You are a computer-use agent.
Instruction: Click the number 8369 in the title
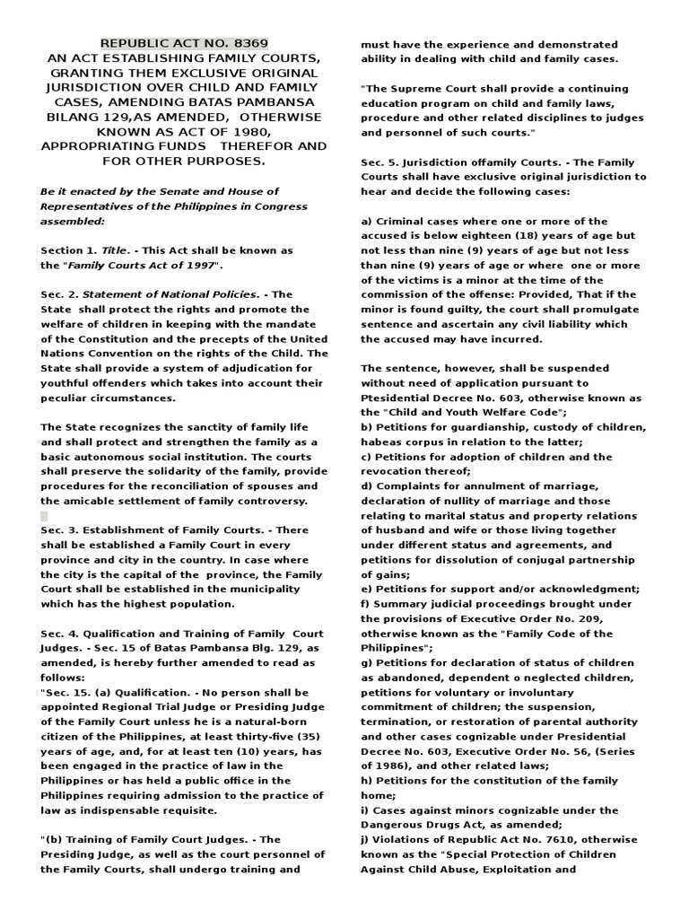pyautogui.click(x=249, y=43)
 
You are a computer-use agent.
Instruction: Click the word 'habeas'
pyautogui.click(x=381, y=442)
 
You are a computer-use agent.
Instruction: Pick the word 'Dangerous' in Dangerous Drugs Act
pyautogui.click(x=394, y=824)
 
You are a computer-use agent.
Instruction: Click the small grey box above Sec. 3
pyautogui.click(x=44, y=516)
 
